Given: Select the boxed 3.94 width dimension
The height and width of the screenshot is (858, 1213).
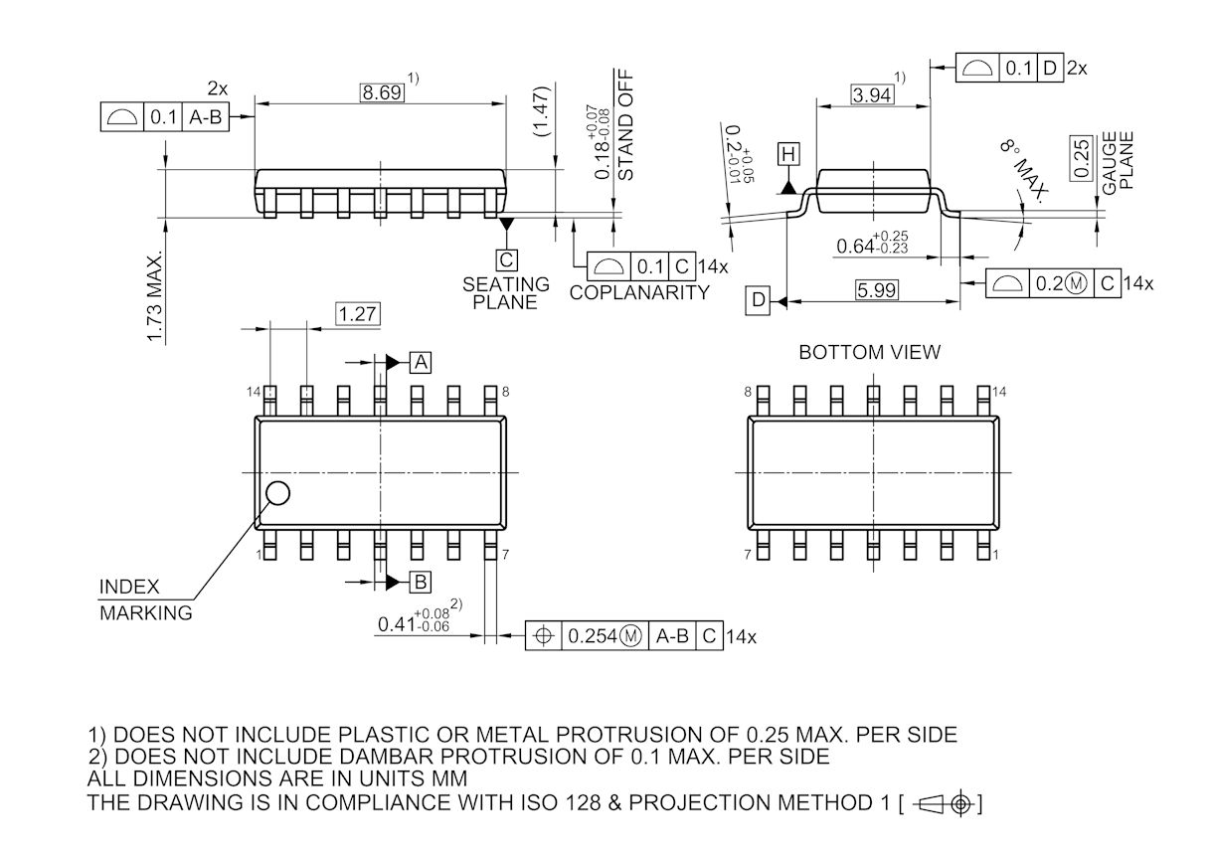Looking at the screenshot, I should (x=872, y=95).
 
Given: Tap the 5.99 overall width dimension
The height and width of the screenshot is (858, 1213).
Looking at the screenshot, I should (x=876, y=290).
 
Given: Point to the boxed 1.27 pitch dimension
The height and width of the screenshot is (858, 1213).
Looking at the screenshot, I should (x=358, y=314).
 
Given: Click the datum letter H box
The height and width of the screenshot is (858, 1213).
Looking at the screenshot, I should (x=788, y=154).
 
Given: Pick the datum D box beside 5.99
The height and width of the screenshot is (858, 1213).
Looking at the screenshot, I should (x=759, y=299).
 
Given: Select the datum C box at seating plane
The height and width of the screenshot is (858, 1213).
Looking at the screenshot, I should (x=507, y=260).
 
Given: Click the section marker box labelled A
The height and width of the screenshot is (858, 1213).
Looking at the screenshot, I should (x=421, y=362).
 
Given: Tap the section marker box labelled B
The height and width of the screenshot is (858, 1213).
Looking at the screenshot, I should (x=421, y=582).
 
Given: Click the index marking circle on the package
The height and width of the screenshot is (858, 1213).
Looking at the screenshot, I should (x=278, y=492).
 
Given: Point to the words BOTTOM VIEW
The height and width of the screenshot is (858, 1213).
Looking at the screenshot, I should (x=869, y=353).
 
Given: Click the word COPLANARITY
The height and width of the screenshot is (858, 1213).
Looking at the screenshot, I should (x=639, y=293).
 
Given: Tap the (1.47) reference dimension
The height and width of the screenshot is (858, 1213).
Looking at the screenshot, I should (x=540, y=111).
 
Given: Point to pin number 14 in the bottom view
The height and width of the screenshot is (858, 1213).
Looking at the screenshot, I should (x=999, y=392).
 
